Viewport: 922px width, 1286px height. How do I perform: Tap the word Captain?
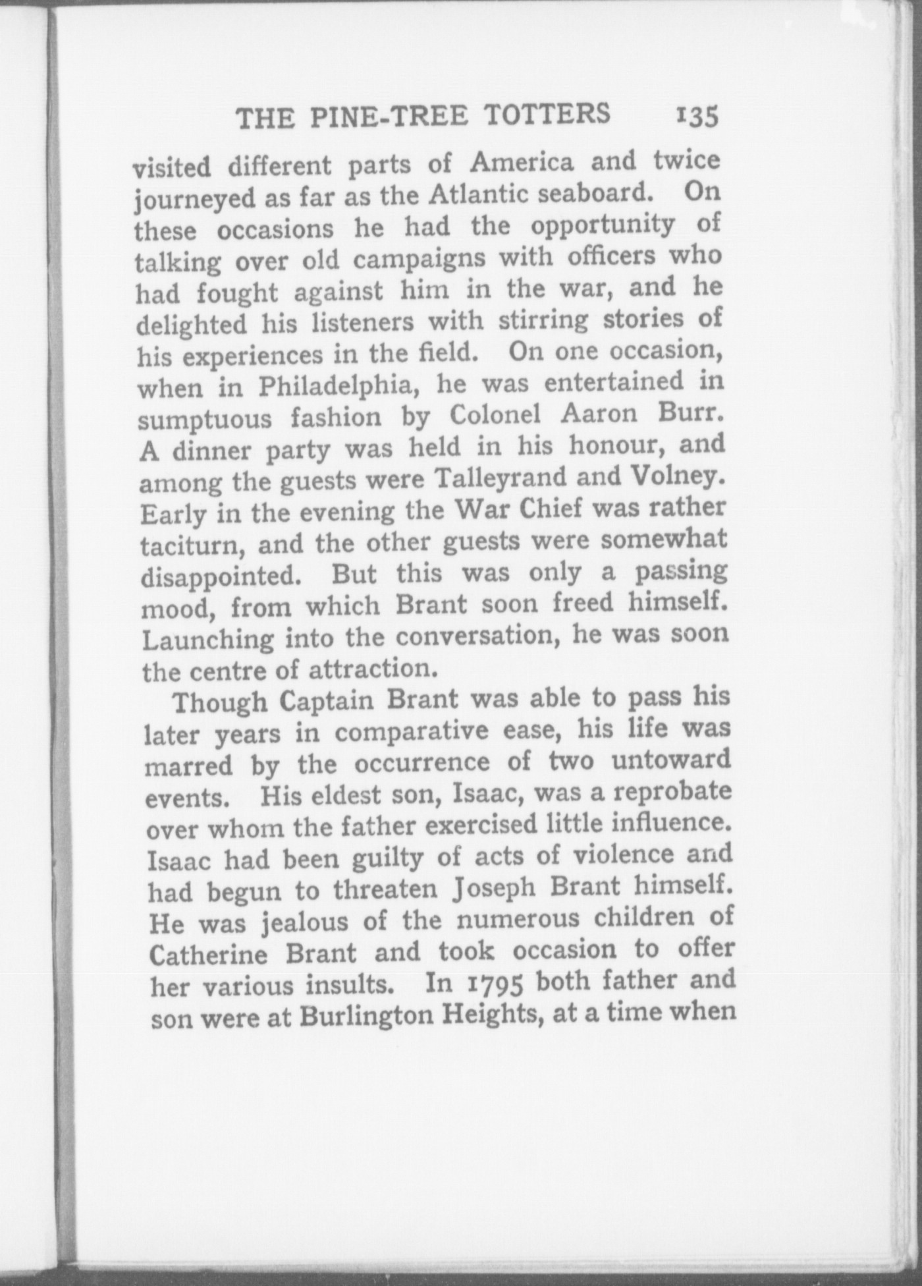coord(327,701)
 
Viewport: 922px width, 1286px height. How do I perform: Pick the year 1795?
coord(491,984)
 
